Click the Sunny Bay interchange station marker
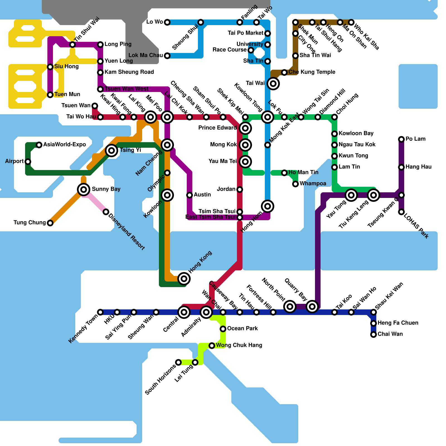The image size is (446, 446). coord(83,190)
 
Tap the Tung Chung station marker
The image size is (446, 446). coord(50,223)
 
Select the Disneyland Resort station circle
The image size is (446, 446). coord(106,212)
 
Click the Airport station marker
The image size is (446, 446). coord(28,162)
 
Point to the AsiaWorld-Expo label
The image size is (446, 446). coord(64,144)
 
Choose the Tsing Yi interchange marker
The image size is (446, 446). coord(111,151)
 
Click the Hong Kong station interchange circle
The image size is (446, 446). coord(184,278)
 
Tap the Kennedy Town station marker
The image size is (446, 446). coord(100,312)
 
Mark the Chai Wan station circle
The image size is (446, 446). coord(374,334)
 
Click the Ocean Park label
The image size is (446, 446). coord(242,328)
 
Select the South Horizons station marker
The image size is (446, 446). coord(178,362)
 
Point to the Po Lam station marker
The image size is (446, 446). coord(401,139)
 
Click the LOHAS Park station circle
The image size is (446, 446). coord(401,212)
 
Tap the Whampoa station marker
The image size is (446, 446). coord(295,184)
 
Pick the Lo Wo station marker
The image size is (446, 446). coord(167,22)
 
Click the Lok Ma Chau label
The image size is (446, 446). coord(146,55)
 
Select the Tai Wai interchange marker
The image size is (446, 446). coord(273,83)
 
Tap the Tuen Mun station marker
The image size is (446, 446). coord(50,95)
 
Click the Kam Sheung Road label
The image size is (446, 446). coord(129,72)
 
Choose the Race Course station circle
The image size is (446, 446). coord(251,50)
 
